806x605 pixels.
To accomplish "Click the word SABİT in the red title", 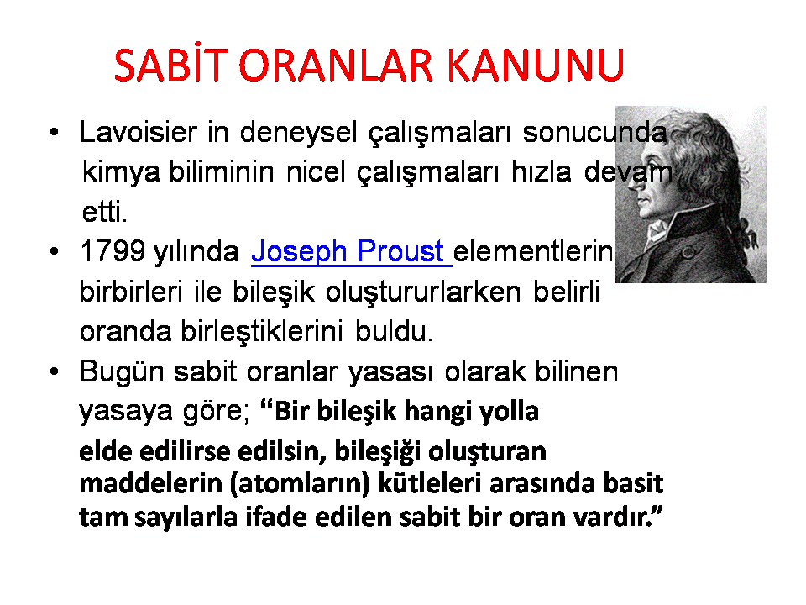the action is click(170, 65).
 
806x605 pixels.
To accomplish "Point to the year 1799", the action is click(113, 251).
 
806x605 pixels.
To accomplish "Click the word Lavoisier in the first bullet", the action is click(139, 132).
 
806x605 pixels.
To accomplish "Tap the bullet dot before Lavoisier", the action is click(55, 132).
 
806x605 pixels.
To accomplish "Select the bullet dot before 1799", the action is click(55, 251).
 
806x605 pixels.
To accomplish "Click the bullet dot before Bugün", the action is click(55, 371).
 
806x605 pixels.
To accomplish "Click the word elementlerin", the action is click(533, 251).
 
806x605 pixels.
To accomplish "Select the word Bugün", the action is click(122, 372).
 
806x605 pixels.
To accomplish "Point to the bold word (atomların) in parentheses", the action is click(301, 484).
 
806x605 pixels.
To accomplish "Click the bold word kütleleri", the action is click(430, 484).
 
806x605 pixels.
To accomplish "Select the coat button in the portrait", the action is click(688, 253).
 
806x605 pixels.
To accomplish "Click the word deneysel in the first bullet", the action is click(298, 133).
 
